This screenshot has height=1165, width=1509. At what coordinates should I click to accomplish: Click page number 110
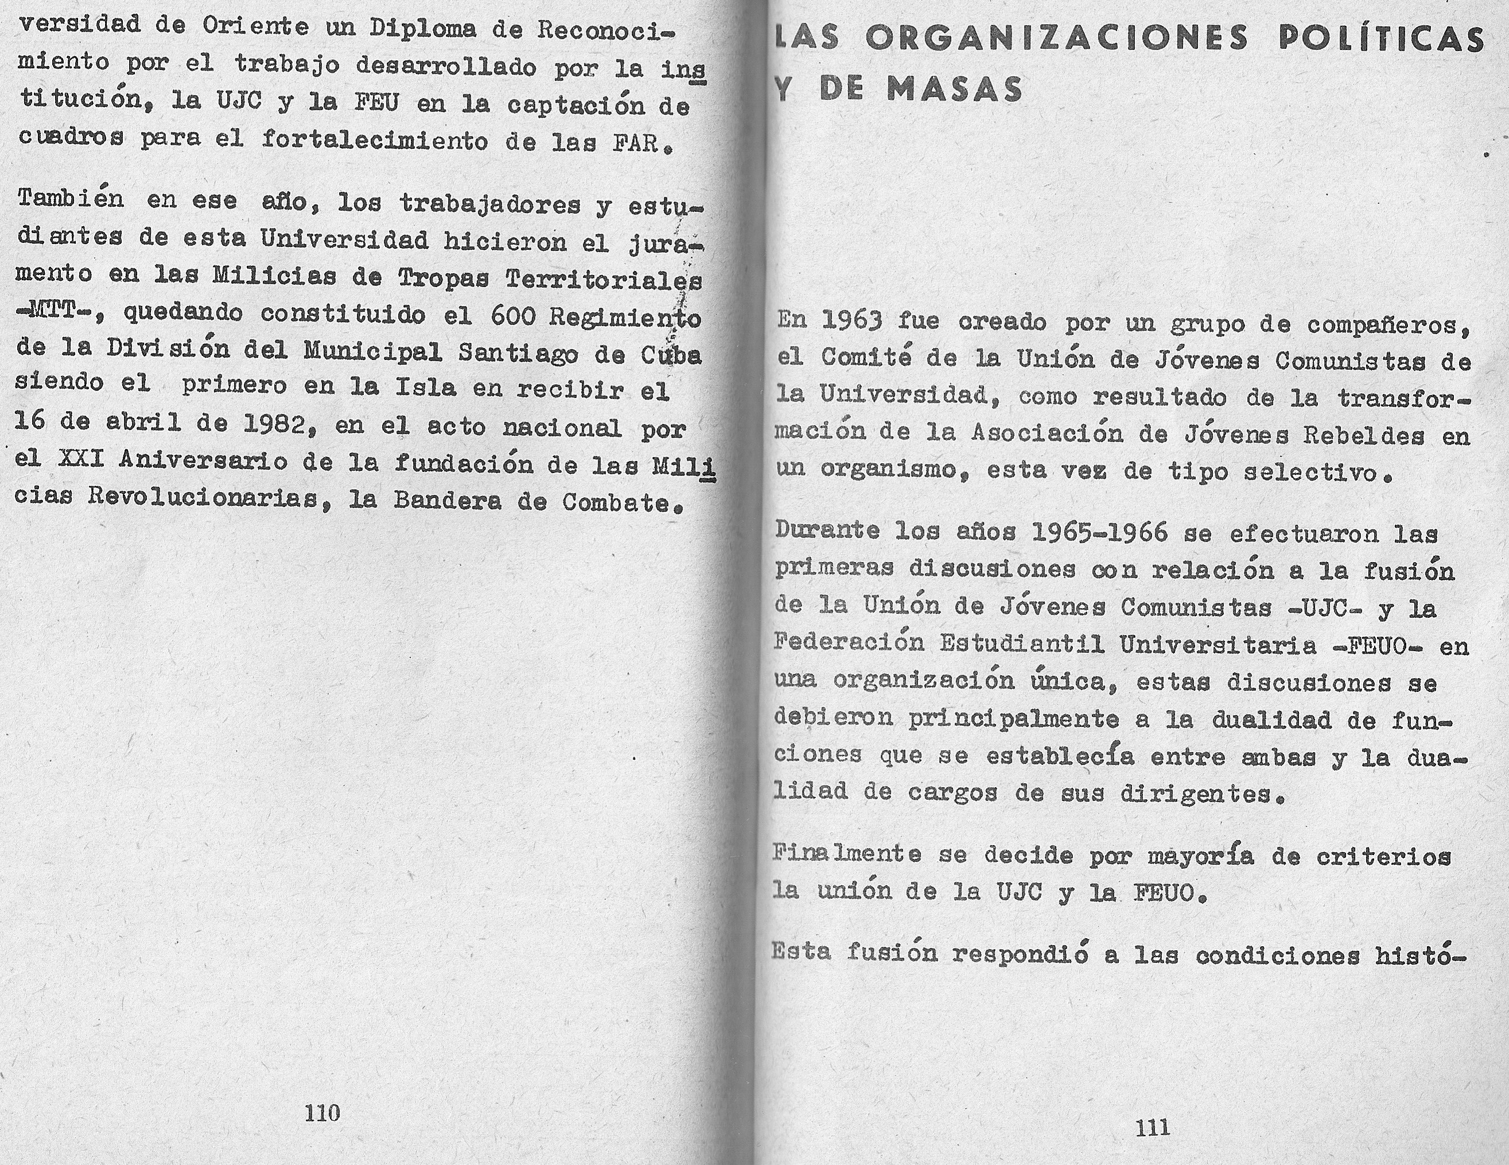click(x=322, y=1113)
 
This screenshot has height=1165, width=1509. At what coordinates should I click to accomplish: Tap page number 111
click(x=1152, y=1128)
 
